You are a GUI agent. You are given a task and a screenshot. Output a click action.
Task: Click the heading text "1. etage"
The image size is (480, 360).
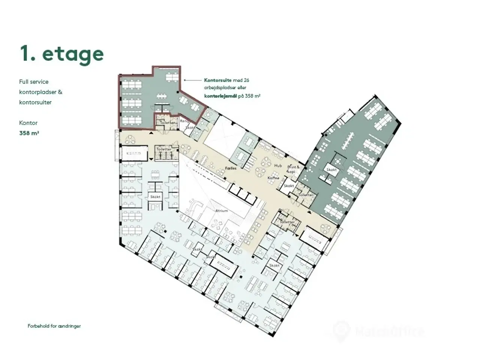coord(62,54)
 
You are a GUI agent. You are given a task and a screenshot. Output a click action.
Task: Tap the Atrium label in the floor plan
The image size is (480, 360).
coord(221,211)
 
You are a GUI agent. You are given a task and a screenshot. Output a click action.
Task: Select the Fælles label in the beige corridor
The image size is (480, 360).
coord(231,169)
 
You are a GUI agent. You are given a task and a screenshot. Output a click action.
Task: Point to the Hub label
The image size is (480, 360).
coord(278,165)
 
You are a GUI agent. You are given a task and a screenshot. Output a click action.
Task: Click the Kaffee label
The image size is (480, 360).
coord(273,178)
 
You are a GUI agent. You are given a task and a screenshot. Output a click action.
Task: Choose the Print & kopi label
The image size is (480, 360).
coord(293,169)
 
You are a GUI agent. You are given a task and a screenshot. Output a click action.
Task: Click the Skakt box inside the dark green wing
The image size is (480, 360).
coord(331,170)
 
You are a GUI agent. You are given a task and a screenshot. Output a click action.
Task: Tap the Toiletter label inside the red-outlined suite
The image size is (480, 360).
coord(167,123)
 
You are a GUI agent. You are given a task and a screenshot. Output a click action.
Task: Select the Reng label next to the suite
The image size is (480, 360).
coord(184,121)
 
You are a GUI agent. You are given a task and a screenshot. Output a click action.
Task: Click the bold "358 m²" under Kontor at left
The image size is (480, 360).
coord(29,133)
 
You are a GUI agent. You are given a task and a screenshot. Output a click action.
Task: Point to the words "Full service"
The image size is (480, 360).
coord(34,82)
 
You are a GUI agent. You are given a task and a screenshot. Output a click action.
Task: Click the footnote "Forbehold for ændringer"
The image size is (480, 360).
coord(54,326)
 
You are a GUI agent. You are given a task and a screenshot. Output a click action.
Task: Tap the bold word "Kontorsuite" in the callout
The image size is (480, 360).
coord(217,80)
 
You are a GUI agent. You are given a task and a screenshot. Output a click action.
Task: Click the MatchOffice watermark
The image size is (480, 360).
coord(379,331)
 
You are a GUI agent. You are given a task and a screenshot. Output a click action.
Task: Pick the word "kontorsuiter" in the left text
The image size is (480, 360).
coord(35,102)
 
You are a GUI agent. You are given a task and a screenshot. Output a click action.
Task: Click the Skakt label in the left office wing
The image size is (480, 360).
coord(155,197)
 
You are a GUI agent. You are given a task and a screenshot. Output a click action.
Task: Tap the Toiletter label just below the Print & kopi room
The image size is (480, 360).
coord(306,195)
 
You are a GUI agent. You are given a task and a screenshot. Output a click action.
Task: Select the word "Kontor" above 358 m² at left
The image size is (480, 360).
coord(28,123)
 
